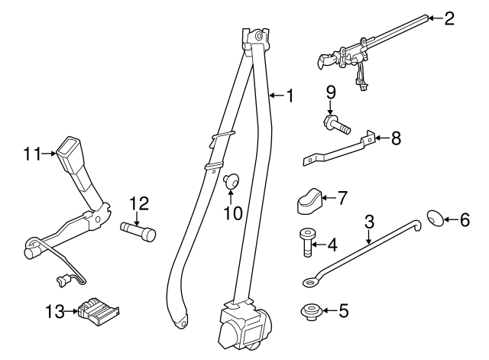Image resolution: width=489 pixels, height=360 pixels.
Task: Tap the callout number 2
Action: click(449, 18)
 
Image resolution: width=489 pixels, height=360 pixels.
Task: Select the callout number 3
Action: click(369, 222)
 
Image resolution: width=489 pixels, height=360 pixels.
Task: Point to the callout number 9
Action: click(331, 93)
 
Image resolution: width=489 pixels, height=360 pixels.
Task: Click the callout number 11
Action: click(31, 153)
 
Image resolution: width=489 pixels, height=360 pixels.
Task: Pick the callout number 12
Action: click(138, 203)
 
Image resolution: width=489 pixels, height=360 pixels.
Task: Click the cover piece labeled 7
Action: click(309, 202)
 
